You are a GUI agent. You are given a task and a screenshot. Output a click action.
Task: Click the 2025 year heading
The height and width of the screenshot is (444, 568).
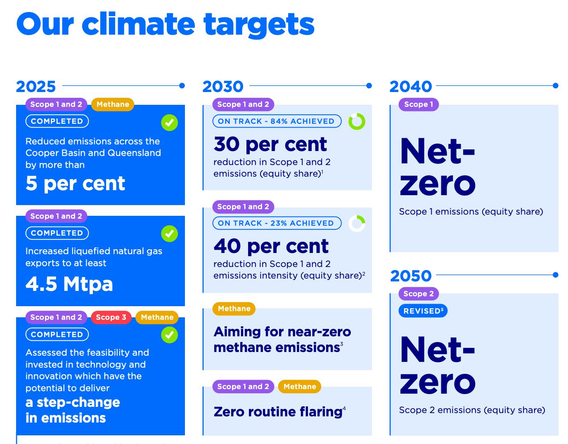[x=36, y=87]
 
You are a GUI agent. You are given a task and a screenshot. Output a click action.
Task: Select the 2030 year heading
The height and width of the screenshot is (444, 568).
[x=223, y=87]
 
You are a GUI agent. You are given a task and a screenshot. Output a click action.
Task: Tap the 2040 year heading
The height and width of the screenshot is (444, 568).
[x=411, y=87]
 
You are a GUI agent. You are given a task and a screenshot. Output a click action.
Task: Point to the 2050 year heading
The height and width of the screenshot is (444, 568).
[x=411, y=276]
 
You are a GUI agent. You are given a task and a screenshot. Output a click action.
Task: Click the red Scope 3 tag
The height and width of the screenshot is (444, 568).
[x=111, y=317]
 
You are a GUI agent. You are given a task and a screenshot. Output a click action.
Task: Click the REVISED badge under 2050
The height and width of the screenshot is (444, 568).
[x=423, y=311]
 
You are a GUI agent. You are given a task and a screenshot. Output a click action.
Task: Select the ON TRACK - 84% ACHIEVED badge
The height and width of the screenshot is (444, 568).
[x=277, y=121]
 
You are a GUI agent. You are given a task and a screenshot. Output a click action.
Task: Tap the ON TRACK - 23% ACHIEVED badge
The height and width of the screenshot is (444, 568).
[x=277, y=223]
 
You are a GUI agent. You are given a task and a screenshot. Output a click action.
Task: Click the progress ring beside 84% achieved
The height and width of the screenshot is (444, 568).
[x=357, y=122]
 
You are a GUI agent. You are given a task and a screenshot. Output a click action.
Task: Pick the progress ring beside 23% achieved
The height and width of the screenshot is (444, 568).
[x=357, y=224]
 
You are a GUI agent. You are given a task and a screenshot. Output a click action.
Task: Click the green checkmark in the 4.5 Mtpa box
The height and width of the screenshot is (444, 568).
[x=169, y=234]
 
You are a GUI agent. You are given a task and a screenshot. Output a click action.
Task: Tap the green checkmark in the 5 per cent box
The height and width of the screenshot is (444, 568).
[x=169, y=123]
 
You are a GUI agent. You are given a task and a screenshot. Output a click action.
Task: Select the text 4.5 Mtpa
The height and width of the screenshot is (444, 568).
[x=69, y=284]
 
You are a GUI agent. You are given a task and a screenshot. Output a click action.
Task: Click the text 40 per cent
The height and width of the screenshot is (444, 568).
[x=271, y=246]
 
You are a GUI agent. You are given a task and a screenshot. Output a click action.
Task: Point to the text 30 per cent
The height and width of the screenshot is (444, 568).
[x=270, y=144]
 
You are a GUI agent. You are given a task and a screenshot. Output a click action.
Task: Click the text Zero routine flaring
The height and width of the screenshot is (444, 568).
[x=278, y=412]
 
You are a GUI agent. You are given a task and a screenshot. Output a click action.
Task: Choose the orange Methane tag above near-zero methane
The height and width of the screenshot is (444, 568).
[x=234, y=309]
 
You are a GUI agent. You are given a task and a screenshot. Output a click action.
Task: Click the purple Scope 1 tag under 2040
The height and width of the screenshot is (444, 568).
[x=419, y=104]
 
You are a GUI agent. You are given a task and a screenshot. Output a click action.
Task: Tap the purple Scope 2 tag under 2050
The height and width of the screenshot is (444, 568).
[x=419, y=294]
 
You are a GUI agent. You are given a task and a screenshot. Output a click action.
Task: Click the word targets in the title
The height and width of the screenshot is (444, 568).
[x=259, y=25]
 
